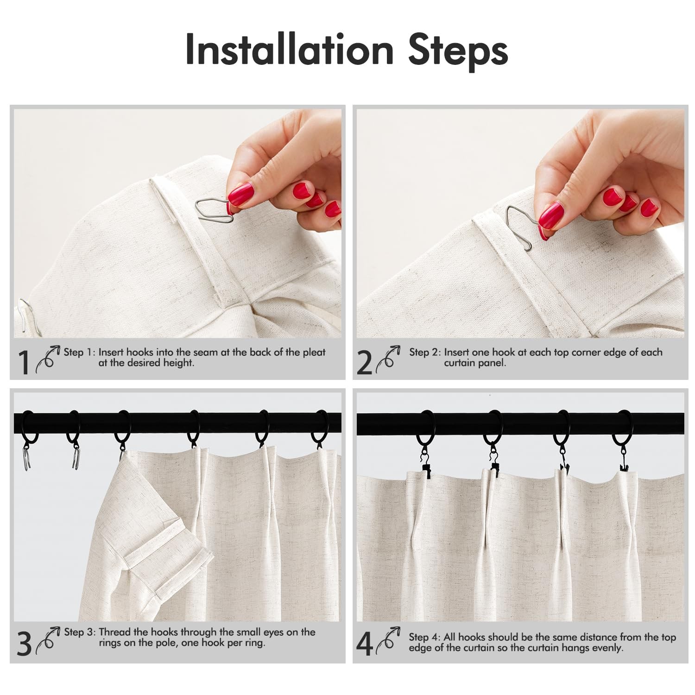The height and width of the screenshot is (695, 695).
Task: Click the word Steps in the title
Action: (x=458, y=51)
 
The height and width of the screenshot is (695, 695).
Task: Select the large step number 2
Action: (x=365, y=362)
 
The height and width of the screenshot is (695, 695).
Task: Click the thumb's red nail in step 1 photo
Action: (x=240, y=194)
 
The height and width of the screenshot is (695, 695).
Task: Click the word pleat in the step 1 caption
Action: (x=314, y=352)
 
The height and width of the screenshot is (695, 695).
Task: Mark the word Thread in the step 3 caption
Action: (x=114, y=632)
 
